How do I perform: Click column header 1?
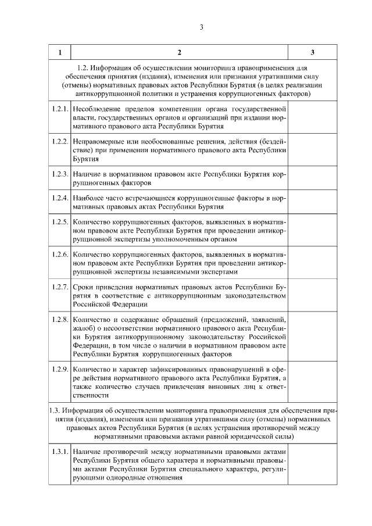pos(60,53)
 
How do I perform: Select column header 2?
pos(179,53)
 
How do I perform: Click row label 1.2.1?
pos(60,109)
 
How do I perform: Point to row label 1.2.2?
pos(60,141)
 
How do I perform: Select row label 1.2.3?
pos(60,174)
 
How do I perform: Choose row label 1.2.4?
pos(60,198)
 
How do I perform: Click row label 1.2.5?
pos(60,223)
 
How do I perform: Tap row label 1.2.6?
pos(60,255)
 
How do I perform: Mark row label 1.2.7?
pos(60,288)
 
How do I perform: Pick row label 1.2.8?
pos(60,320)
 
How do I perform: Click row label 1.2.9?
pos(60,369)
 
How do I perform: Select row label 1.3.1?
pos(60,452)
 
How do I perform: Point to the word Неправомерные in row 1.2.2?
pos(99,141)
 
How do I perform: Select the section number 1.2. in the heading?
pos(85,68)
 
